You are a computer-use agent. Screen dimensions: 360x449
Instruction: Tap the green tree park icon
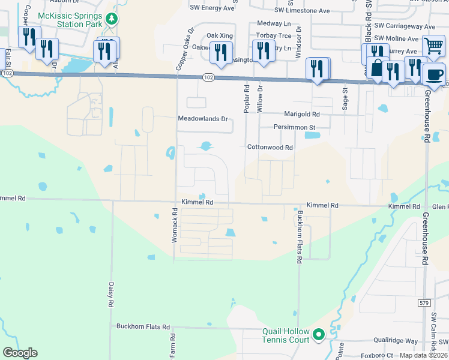click(x=112, y=20)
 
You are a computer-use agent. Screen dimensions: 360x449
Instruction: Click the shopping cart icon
click(x=433, y=46)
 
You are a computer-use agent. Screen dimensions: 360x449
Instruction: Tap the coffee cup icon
click(x=433, y=74)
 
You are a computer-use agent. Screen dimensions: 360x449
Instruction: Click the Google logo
click(x=20, y=353)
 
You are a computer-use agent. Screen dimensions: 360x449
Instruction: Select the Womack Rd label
click(x=175, y=225)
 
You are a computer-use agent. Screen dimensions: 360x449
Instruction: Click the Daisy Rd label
click(x=111, y=295)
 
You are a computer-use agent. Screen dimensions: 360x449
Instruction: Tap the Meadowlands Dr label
click(x=203, y=119)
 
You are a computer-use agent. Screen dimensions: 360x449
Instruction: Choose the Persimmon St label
click(x=295, y=128)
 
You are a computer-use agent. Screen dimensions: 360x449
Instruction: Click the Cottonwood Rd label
click(x=270, y=147)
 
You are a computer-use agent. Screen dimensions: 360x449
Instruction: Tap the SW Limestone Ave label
click(x=302, y=11)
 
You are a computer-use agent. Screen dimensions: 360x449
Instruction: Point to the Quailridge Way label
click(x=394, y=341)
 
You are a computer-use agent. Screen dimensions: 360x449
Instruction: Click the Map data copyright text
click(x=423, y=355)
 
